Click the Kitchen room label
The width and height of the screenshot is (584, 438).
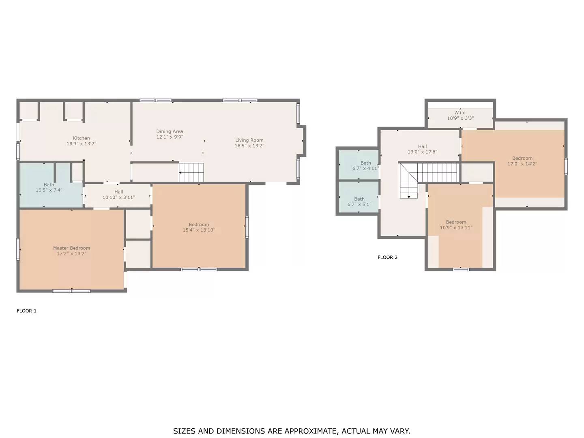(x=81, y=138)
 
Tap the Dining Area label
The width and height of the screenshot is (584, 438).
(x=170, y=131)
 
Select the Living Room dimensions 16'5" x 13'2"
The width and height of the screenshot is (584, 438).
(x=249, y=146)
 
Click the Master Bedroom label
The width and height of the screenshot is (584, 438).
(x=71, y=248)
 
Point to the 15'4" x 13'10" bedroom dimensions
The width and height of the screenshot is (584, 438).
(x=199, y=230)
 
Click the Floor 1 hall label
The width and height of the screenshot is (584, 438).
(x=118, y=192)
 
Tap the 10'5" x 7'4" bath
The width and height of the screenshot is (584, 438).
(x=49, y=187)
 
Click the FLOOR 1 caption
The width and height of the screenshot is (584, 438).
(x=26, y=311)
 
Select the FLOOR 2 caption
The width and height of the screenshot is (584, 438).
(x=387, y=258)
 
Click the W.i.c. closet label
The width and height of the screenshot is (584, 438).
(x=460, y=113)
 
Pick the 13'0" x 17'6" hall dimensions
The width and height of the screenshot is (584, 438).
(x=422, y=152)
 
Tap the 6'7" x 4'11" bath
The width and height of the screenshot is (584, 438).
(x=365, y=166)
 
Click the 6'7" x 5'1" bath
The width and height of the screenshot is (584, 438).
(x=359, y=202)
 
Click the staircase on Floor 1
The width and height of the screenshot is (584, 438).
(x=191, y=172)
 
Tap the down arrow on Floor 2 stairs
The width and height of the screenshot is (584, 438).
(x=409, y=197)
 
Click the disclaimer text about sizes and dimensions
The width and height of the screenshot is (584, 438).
(x=292, y=431)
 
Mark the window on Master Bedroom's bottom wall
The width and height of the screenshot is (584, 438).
(x=71, y=291)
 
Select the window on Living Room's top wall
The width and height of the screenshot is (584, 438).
(x=240, y=100)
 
